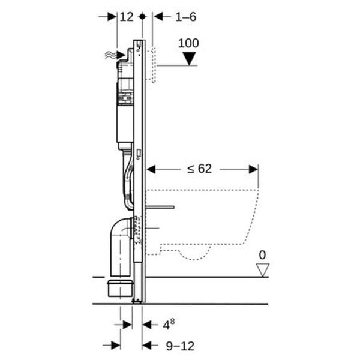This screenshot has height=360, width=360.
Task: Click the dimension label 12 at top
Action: (126, 17)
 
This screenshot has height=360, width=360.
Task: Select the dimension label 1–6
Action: (186, 17)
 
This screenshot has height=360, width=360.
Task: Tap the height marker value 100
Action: (190, 43)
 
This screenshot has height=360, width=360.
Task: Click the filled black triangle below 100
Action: (190, 59)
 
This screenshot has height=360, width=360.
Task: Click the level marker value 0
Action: (262, 256)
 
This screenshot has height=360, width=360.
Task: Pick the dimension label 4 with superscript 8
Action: (170, 325)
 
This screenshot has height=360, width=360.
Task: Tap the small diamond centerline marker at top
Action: (142, 17)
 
